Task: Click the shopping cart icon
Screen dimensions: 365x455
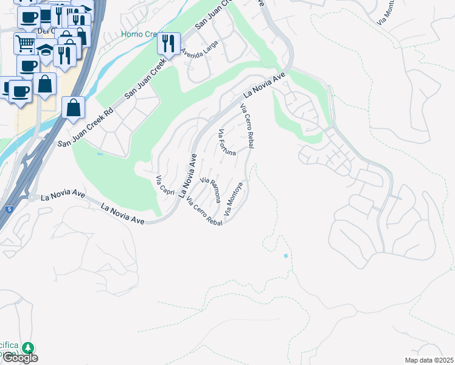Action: tap(25, 43)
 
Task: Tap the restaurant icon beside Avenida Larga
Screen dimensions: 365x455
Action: tap(168, 43)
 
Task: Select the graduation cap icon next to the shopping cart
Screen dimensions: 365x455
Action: tap(45, 51)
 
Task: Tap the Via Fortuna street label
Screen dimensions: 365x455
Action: tap(227, 143)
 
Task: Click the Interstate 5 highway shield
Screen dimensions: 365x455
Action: tap(9, 209)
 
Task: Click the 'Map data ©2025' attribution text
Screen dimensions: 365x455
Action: tap(428, 360)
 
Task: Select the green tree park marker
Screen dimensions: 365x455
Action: tap(28, 348)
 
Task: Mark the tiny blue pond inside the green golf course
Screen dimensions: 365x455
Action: tap(100, 154)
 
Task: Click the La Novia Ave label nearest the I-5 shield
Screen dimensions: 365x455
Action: tap(63, 196)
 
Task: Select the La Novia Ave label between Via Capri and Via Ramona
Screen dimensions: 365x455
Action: tap(189, 176)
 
